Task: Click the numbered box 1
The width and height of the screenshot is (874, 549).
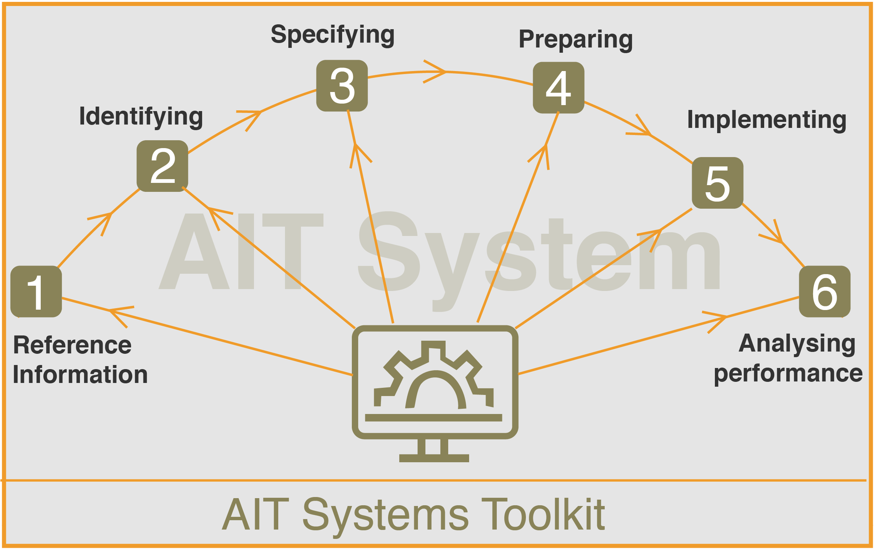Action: click(x=36, y=291)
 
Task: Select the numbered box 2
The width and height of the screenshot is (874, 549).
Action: click(x=162, y=166)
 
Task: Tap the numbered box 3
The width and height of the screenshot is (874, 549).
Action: click(x=342, y=86)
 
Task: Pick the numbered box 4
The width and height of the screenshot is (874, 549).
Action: click(x=559, y=88)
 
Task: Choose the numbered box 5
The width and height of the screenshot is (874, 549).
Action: click(x=718, y=183)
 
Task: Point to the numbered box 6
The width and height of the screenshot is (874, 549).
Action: click(x=825, y=291)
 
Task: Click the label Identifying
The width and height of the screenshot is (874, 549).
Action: click(x=141, y=117)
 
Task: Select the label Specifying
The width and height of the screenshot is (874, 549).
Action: click(x=333, y=35)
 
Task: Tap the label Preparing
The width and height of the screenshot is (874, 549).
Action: click(x=576, y=40)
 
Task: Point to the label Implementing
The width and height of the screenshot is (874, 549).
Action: click(x=767, y=120)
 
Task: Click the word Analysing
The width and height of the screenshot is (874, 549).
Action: click(x=797, y=344)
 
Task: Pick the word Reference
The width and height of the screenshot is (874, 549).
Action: click(x=72, y=345)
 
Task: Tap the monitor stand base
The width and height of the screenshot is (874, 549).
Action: click(x=434, y=458)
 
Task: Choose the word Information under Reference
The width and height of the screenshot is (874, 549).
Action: click(x=80, y=375)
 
